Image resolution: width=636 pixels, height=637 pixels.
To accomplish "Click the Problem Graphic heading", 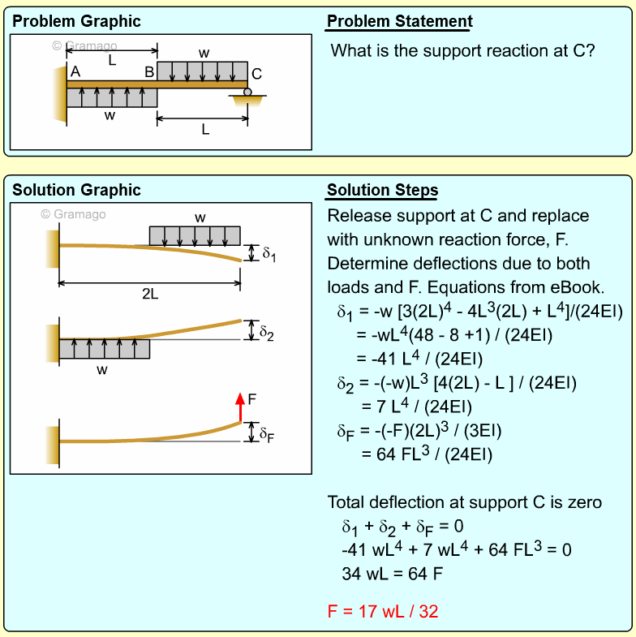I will click(x=76, y=22).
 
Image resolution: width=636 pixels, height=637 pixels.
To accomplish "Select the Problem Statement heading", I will click(x=399, y=22).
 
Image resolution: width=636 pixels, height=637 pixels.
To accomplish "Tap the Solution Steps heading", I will click(x=382, y=191).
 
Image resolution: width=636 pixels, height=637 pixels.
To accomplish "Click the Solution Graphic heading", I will click(x=76, y=191).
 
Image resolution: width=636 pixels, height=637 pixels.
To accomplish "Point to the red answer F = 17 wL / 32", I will click(x=383, y=611).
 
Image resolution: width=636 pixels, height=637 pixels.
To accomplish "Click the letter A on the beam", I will click(x=75, y=72).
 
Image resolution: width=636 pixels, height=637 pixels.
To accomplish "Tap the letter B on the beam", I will click(x=149, y=72).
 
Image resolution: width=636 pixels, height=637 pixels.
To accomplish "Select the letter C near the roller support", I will click(x=256, y=72).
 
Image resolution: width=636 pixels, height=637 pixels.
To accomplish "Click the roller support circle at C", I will click(x=247, y=92).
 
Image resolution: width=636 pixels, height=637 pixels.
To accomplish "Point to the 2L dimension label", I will click(x=150, y=295).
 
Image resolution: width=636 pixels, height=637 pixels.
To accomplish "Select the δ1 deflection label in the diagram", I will click(x=269, y=254).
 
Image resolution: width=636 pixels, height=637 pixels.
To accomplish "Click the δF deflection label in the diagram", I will click(x=267, y=435).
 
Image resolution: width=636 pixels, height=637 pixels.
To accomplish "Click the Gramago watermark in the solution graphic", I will click(x=73, y=214).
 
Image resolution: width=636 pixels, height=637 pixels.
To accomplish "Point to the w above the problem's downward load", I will click(x=204, y=53).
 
